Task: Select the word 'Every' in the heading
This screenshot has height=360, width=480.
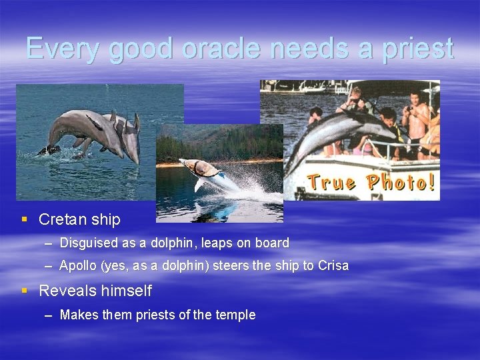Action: click(63, 49)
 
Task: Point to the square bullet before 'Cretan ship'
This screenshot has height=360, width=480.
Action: click(25, 219)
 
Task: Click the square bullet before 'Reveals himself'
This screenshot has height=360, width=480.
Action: click(25, 291)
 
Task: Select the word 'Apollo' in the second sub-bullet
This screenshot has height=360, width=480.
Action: click(77, 265)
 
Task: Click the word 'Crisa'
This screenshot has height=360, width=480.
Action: click(333, 265)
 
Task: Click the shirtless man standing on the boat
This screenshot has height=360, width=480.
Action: click(417, 117)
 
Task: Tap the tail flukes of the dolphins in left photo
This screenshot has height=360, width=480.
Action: click(50, 149)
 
